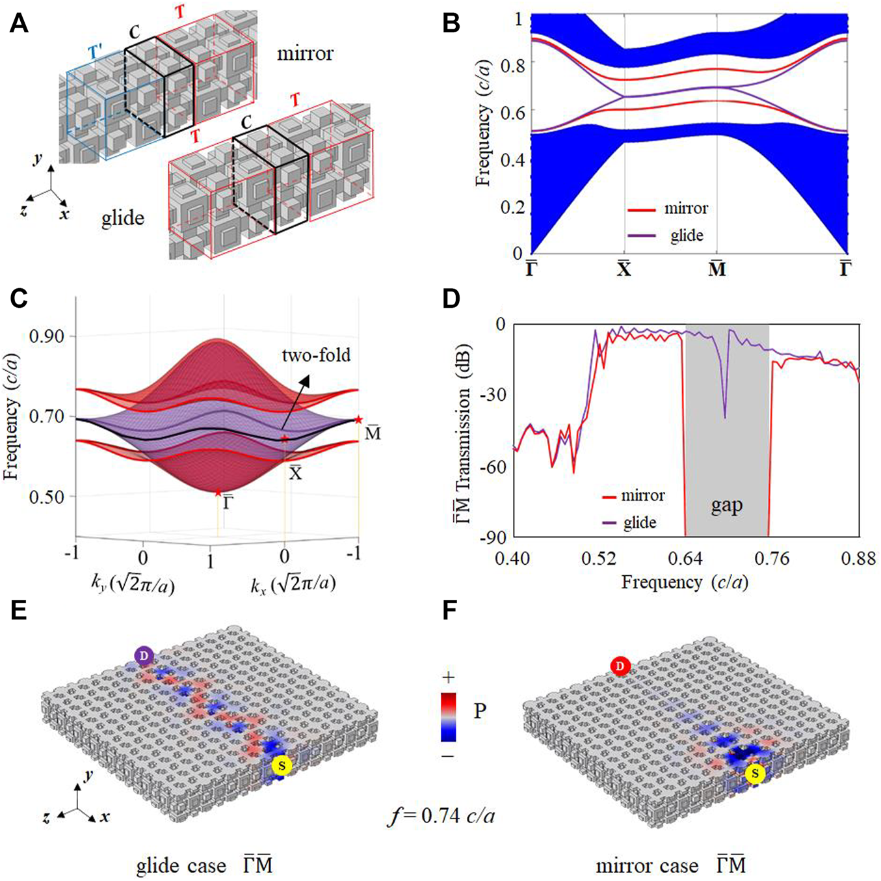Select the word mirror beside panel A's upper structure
pos(305,53)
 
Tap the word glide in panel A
pos(122,218)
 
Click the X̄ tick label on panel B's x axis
pos(624,268)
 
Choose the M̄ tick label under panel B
pos(717,268)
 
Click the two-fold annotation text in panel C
pos(316,355)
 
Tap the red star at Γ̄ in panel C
pos(218,493)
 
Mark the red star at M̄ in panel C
pos(358,420)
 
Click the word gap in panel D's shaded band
pos(726,506)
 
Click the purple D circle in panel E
pos(144,657)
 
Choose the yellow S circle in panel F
pos(755,774)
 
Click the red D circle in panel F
pos(620,666)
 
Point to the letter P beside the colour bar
pos(480,711)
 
